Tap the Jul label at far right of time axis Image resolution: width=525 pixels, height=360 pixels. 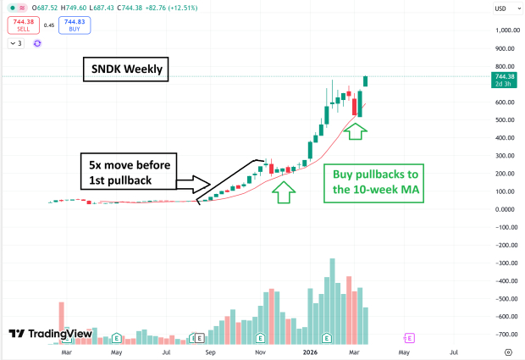tap(454, 351)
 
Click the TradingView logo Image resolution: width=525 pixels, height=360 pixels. tap(50, 334)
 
